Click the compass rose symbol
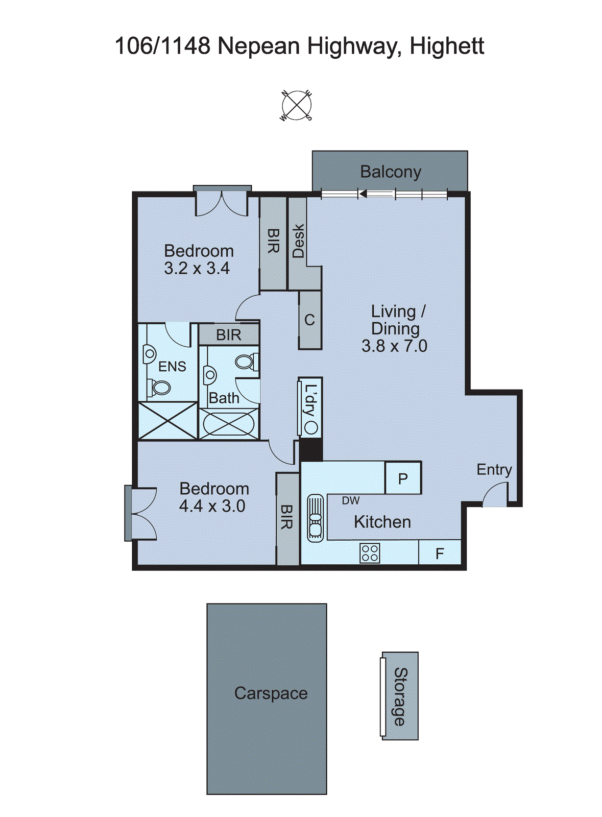(296, 105)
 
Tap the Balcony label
(391, 172)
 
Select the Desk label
(298, 241)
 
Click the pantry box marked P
(403, 478)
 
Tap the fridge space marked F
(440, 553)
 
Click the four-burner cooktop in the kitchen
(370, 553)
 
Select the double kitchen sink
(315, 517)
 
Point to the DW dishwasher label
(351, 501)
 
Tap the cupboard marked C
(310, 320)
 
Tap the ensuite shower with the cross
(168, 421)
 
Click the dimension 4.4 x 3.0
(212, 506)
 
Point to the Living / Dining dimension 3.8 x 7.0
(394, 346)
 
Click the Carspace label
(271, 693)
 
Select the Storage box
(400, 696)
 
